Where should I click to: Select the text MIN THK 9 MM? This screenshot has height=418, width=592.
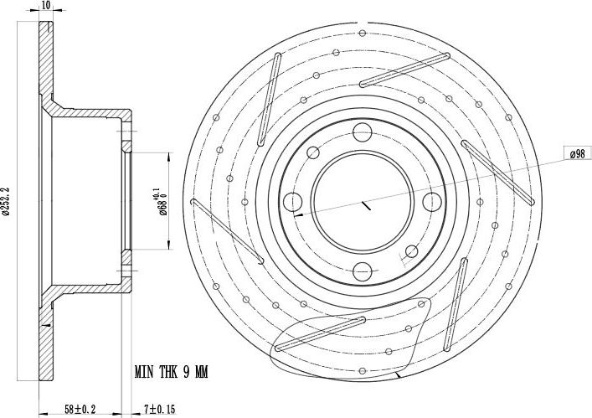point(171,370)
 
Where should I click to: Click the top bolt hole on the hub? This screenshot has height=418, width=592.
point(362,132)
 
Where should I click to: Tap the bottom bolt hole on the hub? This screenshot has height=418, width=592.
point(362,271)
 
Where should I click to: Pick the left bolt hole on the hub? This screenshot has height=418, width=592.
point(293,201)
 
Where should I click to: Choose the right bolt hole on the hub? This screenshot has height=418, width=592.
point(431,201)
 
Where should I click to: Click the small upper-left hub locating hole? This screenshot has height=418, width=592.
point(314,152)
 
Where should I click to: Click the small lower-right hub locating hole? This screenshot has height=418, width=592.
point(411,250)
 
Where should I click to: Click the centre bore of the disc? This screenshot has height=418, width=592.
point(362,201)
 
